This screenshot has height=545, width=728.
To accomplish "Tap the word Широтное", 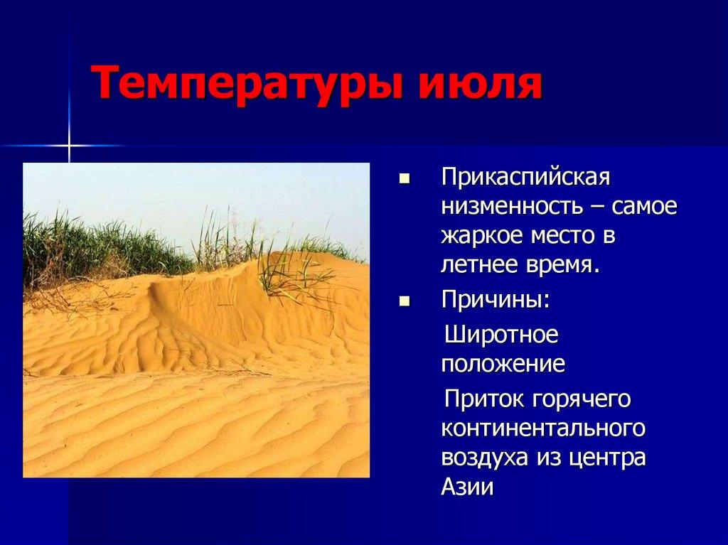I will (501, 334).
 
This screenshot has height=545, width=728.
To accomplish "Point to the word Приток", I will (481, 399).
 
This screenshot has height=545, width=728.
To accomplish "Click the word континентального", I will (543, 428).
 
